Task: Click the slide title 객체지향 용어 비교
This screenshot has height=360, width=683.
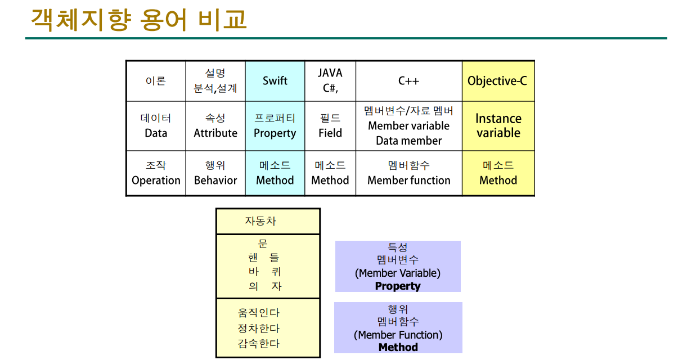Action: tap(139, 20)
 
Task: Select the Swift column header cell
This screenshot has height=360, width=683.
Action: tap(275, 81)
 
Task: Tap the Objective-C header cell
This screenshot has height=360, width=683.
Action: tap(497, 81)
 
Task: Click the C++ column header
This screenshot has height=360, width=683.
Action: tap(408, 81)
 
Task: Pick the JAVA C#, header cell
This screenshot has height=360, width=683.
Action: tap(330, 81)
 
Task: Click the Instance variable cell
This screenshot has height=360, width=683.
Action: tap(498, 126)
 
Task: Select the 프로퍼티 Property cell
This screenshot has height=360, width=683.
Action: tap(275, 126)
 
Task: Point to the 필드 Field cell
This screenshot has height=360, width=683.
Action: tap(330, 126)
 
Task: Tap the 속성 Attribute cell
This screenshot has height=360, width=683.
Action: tap(215, 126)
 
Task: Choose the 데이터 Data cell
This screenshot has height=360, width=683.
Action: tap(156, 126)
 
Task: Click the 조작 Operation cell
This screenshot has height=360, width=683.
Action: tap(156, 173)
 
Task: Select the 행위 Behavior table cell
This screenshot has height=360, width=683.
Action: tap(215, 173)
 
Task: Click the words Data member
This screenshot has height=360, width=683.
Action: tap(409, 141)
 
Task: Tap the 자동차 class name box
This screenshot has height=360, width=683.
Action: tap(268, 221)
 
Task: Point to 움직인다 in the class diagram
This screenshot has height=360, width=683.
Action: tap(259, 313)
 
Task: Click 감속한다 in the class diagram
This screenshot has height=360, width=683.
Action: tap(259, 344)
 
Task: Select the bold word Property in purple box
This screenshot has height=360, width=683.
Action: tap(398, 286)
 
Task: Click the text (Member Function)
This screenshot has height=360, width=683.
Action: tap(398, 335)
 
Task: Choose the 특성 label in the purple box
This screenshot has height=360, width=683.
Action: tap(398, 247)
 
